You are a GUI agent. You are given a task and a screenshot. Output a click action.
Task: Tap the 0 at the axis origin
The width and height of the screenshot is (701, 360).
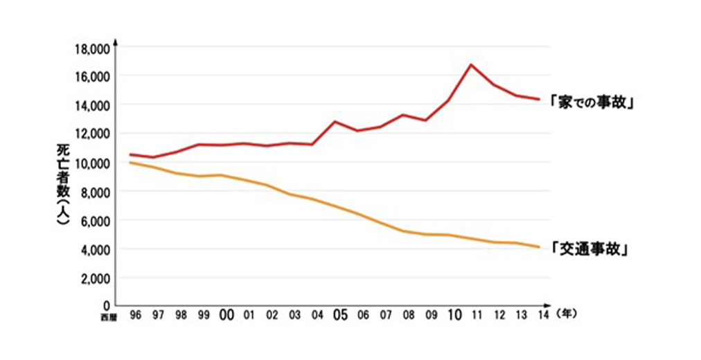point(106,305)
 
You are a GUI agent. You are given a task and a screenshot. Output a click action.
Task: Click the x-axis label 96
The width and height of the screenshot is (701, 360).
point(135,315)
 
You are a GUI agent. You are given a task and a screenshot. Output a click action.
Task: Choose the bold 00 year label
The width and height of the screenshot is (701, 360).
point(226,315)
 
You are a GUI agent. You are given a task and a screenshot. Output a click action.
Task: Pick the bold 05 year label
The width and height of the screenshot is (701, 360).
point(339,315)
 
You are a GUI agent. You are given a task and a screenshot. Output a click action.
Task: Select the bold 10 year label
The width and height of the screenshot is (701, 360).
point(454,315)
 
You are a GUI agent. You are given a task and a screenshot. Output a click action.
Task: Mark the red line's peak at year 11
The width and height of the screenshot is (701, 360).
point(471,64)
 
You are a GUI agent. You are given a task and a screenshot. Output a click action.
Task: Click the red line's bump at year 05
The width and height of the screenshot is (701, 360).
point(335,122)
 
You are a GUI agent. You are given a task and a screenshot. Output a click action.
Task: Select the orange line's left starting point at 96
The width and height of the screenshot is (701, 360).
point(130,163)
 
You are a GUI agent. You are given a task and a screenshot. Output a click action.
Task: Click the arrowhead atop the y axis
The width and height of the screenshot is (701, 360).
point(116,42)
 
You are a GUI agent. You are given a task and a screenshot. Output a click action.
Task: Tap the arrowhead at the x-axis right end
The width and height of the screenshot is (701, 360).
point(551,305)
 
